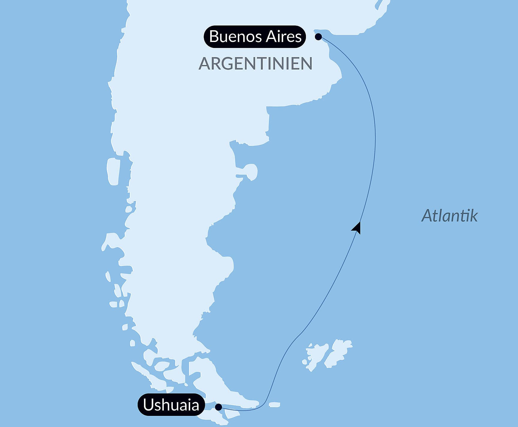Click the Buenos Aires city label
[x=255, y=37]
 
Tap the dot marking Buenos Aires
[x=318, y=37]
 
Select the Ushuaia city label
[x=171, y=405]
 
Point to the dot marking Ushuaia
[x=219, y=407]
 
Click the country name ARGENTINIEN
[x=256, y=64]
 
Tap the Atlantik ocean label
[x=449, y=216]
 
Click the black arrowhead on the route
[x=357, y=228]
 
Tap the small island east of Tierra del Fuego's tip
[x=274, y=405]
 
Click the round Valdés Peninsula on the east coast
[x=251, y=172]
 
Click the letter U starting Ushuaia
[x=148, y=405]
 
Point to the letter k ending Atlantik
[x=473, y=216]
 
